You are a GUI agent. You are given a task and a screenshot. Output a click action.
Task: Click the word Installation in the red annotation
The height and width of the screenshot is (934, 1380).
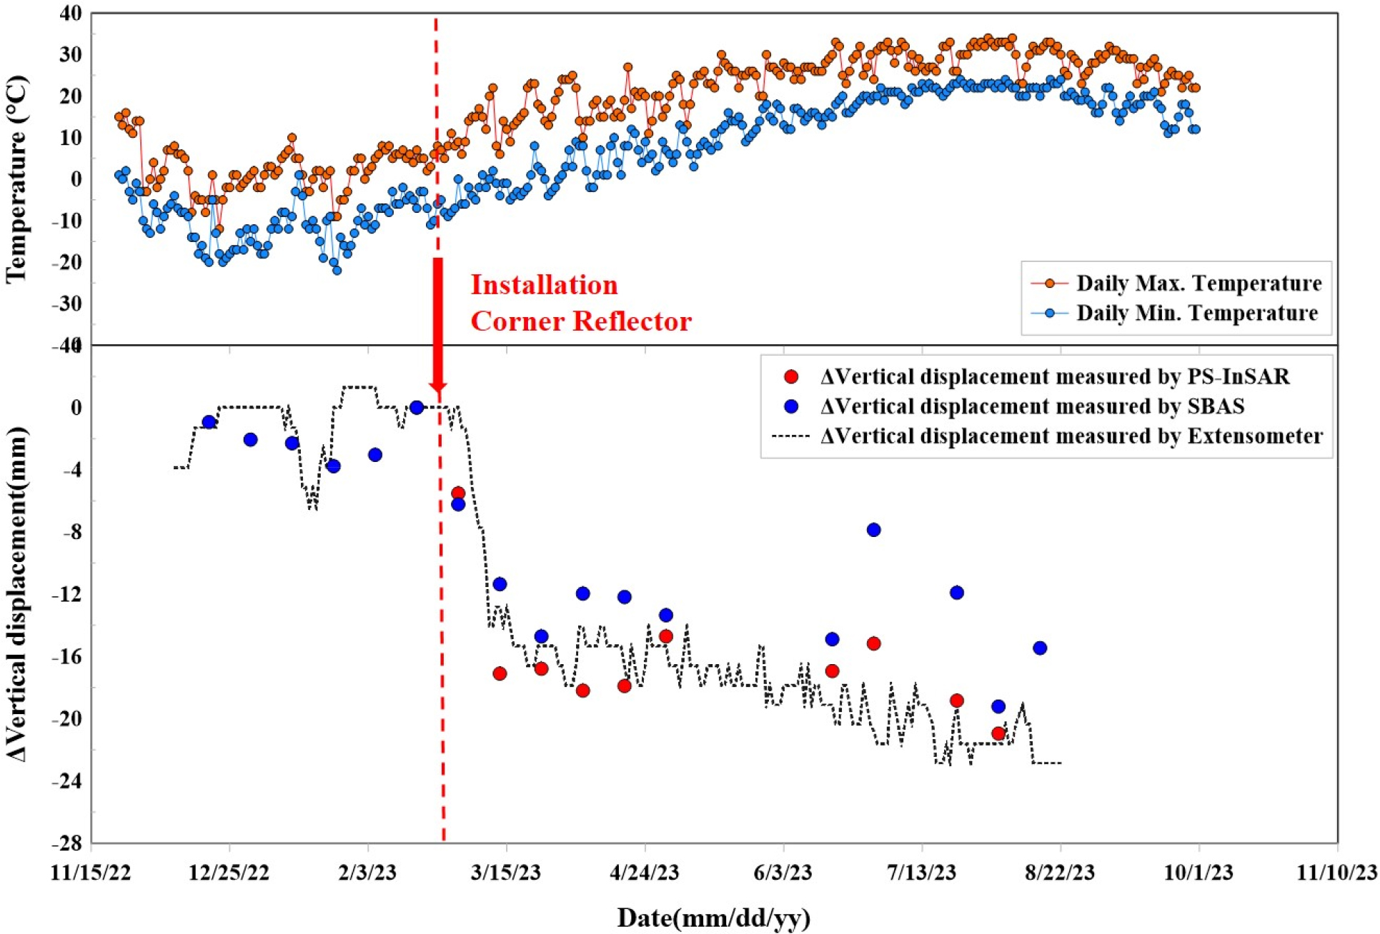pos(544,286)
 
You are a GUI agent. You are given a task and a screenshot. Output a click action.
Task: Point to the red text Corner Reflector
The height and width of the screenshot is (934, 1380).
pos(580,321)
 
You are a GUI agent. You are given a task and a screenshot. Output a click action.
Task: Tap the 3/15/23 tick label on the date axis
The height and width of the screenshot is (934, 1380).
pos(506,873)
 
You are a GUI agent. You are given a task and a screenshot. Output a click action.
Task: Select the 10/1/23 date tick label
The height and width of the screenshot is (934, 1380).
pos(1198,873)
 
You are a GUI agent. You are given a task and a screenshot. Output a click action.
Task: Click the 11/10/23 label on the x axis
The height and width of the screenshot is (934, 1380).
pos(1336,873)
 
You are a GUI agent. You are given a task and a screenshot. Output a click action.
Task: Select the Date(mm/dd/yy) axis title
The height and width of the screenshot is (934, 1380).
pos(713,918)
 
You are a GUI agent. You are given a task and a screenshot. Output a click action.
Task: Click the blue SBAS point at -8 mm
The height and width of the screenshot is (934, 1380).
pos(873,530)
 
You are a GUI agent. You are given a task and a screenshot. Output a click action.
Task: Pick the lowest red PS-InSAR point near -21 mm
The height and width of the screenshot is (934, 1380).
pos(998,733)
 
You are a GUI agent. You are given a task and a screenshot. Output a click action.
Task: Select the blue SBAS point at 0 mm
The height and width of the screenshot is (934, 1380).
pos(417,408)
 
